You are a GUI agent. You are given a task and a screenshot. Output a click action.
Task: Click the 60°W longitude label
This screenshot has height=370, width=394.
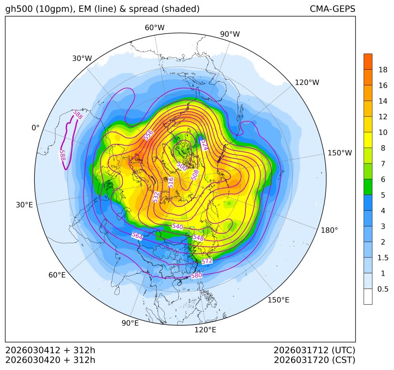(x=154, y=28)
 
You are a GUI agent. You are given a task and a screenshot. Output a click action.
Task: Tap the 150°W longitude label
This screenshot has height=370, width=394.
(x=340, y=153)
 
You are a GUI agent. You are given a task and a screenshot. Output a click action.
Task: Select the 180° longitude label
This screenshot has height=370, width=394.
(x=329, y=230)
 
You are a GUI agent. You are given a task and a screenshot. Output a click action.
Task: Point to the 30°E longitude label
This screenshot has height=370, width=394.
(x=24, y=205)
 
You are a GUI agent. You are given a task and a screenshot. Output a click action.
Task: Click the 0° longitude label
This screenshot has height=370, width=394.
(x=35, y=128)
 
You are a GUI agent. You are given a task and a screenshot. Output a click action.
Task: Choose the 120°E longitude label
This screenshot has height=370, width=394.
(x=205, y=329)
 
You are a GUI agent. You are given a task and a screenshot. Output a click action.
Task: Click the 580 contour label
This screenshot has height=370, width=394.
(x=196, y=276)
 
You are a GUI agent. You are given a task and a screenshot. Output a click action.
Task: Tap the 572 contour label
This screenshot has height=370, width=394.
(x=207, y=261)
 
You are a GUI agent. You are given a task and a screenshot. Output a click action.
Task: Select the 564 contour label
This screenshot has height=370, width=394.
(x=137, y=236)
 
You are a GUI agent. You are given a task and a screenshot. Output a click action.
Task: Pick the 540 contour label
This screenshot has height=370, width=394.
(x=177, y=226)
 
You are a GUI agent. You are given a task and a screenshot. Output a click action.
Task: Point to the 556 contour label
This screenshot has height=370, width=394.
(x=149, y=135)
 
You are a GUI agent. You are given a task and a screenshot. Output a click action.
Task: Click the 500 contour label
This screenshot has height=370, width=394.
(x=182, y=166)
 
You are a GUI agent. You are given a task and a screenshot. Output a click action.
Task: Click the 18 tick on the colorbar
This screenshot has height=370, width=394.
(x=383, y=70)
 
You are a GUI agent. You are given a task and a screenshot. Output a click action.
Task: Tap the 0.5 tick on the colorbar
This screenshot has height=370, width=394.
(x=383, y=289)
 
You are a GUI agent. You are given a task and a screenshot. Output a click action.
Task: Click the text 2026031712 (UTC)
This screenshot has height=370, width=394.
(x=314, y=350)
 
